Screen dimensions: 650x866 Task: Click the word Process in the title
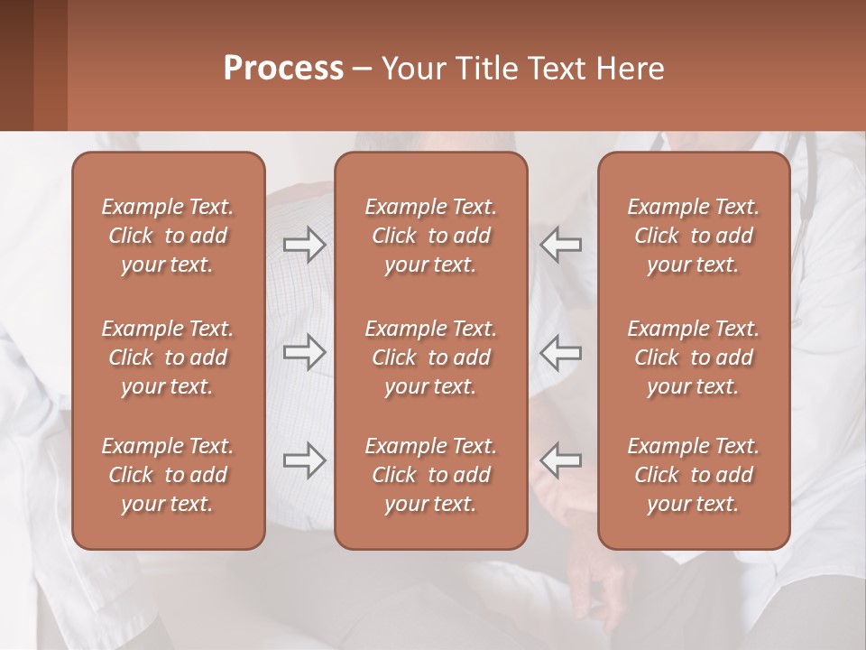(283, 69)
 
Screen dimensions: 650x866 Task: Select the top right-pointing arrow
(305, 245)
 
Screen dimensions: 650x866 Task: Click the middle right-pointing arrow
(305, 352)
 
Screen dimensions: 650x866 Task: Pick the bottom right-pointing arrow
(305, 460)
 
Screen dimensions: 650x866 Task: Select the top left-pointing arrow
(560, 245)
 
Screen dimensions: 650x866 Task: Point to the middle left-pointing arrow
(560, 352)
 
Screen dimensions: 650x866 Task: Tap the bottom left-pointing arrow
(560, 460)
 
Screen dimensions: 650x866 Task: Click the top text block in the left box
(168, 236)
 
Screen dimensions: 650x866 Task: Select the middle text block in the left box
(168, 357)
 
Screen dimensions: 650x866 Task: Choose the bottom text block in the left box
(168, 475)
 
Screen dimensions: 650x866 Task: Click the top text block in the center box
(431, 236)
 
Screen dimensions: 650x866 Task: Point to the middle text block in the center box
(431, 357)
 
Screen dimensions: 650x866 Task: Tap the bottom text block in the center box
(431, 475)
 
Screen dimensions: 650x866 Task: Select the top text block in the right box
(694, 236)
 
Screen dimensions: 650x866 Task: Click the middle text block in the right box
(694, 357)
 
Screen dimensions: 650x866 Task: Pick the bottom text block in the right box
(694, 475)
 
